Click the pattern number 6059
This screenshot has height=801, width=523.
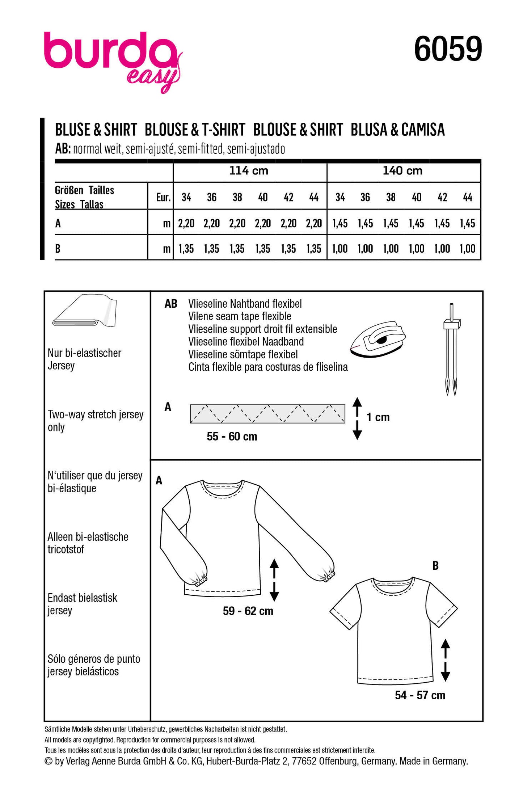pyautogui.click(x=448, y=49)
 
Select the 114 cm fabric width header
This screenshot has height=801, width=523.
pyautogui.click(x=249, y=171)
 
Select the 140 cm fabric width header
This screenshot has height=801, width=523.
pyautogui.click(x=402, y=171)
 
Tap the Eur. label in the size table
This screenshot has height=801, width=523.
pyautogui.click(x=163, y=198)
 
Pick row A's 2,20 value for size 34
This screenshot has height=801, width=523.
pyautogui.click(x=186, y=224)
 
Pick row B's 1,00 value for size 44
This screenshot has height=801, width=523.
pyautogui.click(x=467, y=249)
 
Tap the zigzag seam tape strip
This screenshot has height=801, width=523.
pyautogui.click(x=267, y=414)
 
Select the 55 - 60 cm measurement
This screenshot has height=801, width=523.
pyautogui.click(x=232, y=437)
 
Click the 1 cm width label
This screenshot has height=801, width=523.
pyautogui.click(x=378, y=417)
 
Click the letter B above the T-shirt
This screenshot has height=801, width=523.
pyautogui.click(x=435, y=565)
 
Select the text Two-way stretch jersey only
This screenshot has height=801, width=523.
pyautogui.click(x=96, y=421)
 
